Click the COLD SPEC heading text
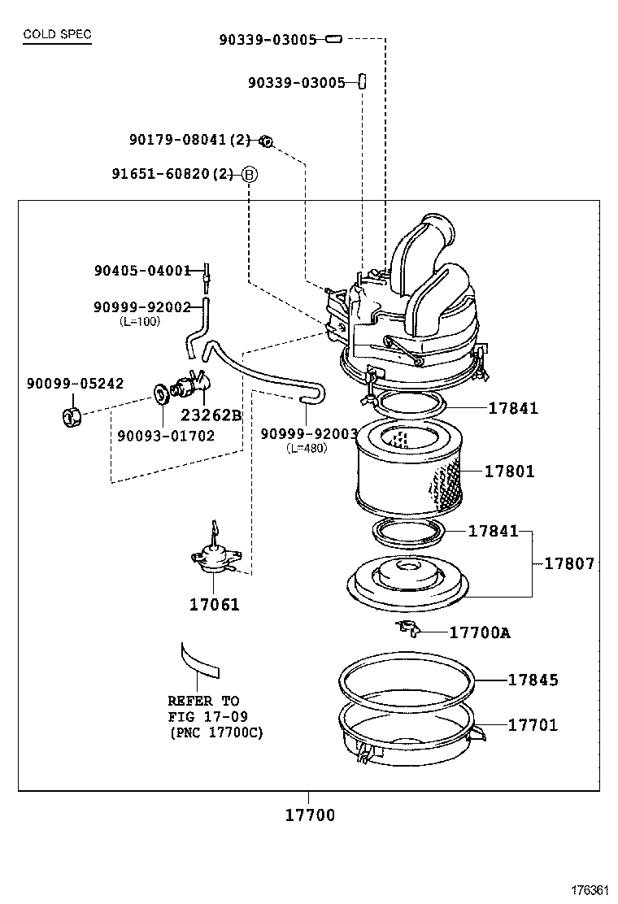[x=57, y=34]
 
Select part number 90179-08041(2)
[x=190, y=140]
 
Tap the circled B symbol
[x=249, y=174]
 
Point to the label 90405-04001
[x=141, y=271]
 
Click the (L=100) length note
[x=140, y=321]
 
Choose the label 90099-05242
[x=75, y=384]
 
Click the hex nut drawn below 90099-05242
[x=72, y=417]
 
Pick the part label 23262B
[x=211, y=415]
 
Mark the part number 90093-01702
[x=166, y=436]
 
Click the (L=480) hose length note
[x=307, y=448]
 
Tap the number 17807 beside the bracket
[x=569, y=563]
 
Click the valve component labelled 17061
[x=213, y=557]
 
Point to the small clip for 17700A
[x=407, y=628]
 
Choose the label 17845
[x=533, y=680]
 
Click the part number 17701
[x=533, y=724]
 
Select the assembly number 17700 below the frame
[x=309, y=815]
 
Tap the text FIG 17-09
[x=207, y=716]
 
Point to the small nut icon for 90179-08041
[x=265, y=141]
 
